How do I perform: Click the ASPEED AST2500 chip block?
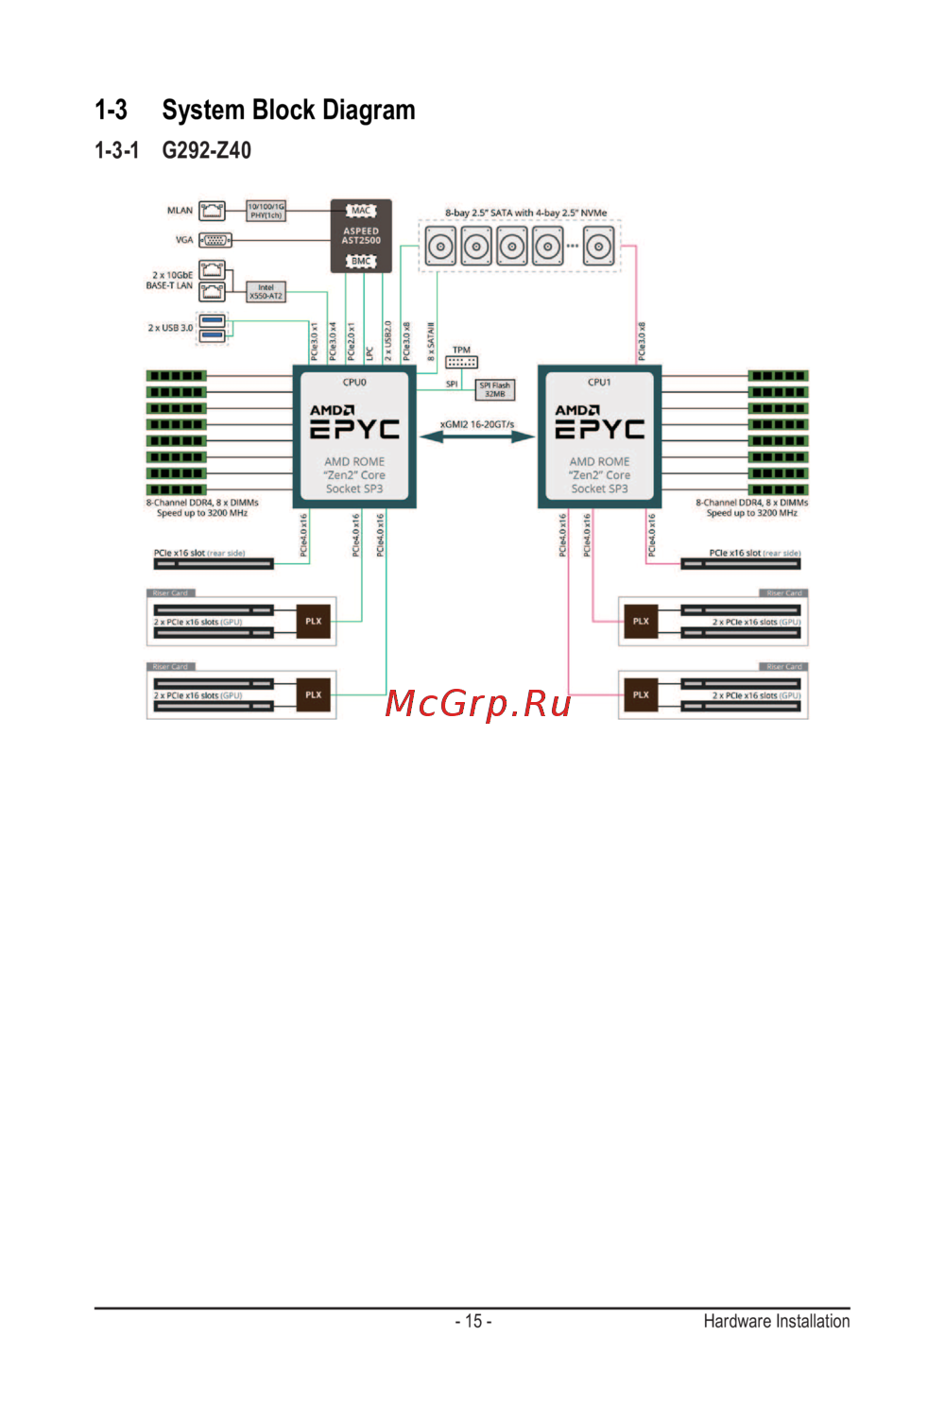361,235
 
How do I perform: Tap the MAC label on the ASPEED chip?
361,211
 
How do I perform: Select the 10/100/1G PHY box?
266,211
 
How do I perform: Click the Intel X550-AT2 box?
266,292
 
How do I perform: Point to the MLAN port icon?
213,211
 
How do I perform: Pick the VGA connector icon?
215,240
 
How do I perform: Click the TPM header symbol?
461,362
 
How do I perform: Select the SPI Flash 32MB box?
494,389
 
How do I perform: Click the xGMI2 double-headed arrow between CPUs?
477,437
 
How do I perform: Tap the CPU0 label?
354,383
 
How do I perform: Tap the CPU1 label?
599,383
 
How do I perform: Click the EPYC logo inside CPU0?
354,430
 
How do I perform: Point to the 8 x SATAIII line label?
431,341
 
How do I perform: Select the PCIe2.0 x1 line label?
351,341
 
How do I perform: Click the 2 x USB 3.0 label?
170,328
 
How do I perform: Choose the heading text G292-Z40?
206,150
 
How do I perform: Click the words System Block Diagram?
288,111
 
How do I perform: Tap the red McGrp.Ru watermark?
478,704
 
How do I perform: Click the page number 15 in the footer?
473,1321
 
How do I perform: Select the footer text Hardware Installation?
776,1321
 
